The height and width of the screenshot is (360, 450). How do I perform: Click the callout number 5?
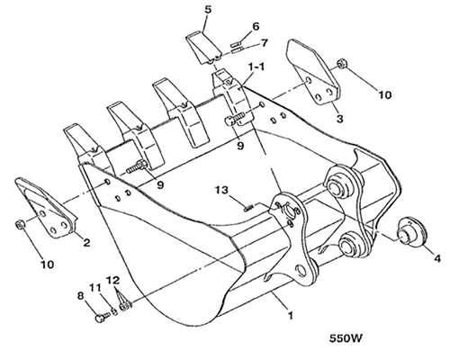(208, 10)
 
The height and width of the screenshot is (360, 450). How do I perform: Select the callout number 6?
(256, 26)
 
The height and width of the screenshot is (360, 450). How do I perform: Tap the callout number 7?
(264, 42)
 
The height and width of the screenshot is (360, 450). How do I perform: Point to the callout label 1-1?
(256, 67)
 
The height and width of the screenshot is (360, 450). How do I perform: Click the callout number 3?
(339, 119)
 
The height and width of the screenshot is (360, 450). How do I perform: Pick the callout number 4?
(437, 258)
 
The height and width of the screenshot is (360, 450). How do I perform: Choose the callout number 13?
(221, 190)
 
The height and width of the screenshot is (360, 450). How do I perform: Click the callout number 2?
(86, 242)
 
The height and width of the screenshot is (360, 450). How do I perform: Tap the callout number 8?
(80, 296)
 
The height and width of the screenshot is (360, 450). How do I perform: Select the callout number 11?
(95, 288)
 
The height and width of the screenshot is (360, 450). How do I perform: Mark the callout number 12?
(113, 280)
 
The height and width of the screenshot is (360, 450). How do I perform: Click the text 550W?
(346, 338)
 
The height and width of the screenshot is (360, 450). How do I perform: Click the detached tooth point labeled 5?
(203, 48)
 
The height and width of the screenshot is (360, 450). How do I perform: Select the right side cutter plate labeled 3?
(312, 72)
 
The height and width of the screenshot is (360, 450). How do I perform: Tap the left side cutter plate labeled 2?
(45, 208)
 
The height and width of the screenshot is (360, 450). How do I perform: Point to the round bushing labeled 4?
(411, 231)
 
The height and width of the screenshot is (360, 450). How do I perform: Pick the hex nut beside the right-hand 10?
(341, 64)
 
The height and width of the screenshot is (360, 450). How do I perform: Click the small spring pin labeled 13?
(249, 208)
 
